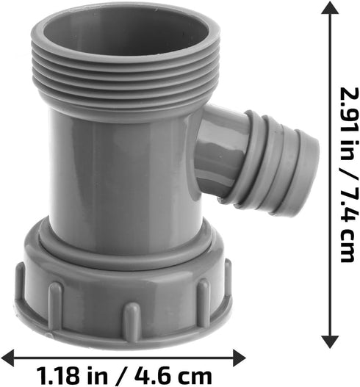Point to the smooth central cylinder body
point(121,169)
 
